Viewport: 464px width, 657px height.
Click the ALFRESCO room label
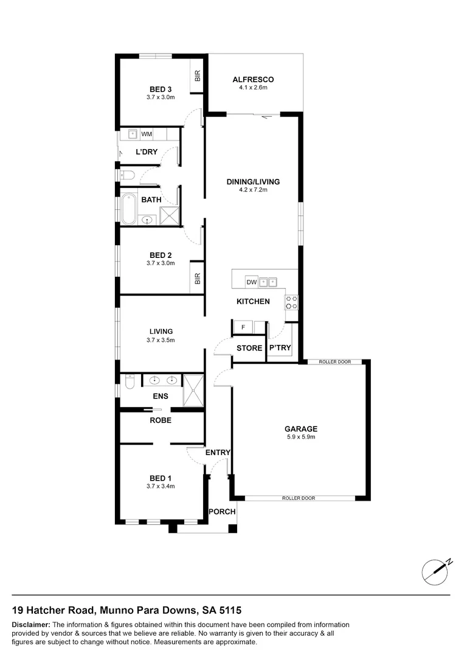253,79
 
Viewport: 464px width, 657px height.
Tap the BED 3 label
161,89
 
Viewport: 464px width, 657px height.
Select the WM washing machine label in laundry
147,134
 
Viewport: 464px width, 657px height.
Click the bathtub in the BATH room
129,210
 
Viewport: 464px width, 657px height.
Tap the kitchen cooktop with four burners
291,303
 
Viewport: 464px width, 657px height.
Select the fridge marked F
243,328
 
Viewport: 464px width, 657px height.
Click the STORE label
249,349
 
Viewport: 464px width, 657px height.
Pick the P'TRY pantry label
280,349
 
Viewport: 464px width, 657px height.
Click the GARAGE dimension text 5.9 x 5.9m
298,436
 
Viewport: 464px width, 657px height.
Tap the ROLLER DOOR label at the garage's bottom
299,498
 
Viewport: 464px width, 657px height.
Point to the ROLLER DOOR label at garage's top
335,362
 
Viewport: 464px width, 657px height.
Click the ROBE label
161,420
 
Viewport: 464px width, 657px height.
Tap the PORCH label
222,512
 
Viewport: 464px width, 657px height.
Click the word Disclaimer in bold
31,625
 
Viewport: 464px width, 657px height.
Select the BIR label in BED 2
197,279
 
